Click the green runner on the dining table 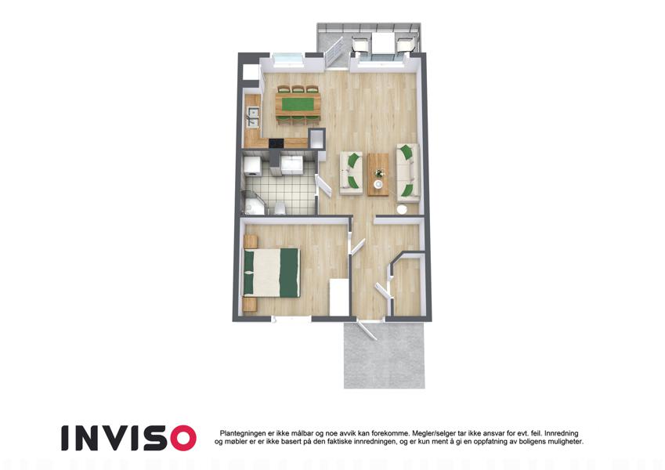click(298, 104)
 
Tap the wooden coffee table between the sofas click(378, 175)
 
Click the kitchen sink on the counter click(253, 117)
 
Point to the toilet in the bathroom click(279, 208)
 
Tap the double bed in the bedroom click(271, 273)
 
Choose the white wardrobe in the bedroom click(339, 297)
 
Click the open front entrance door click(367, 329)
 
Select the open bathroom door click(325, 186)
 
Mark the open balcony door click(334, 52)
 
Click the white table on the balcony click(383, 43)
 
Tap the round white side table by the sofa click(402, 210)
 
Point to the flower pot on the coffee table click(379, 172)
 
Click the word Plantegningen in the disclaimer click(243, 433)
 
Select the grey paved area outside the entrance click(385, 355)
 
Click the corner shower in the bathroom click(253, 203)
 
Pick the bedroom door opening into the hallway click(356, 247)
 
